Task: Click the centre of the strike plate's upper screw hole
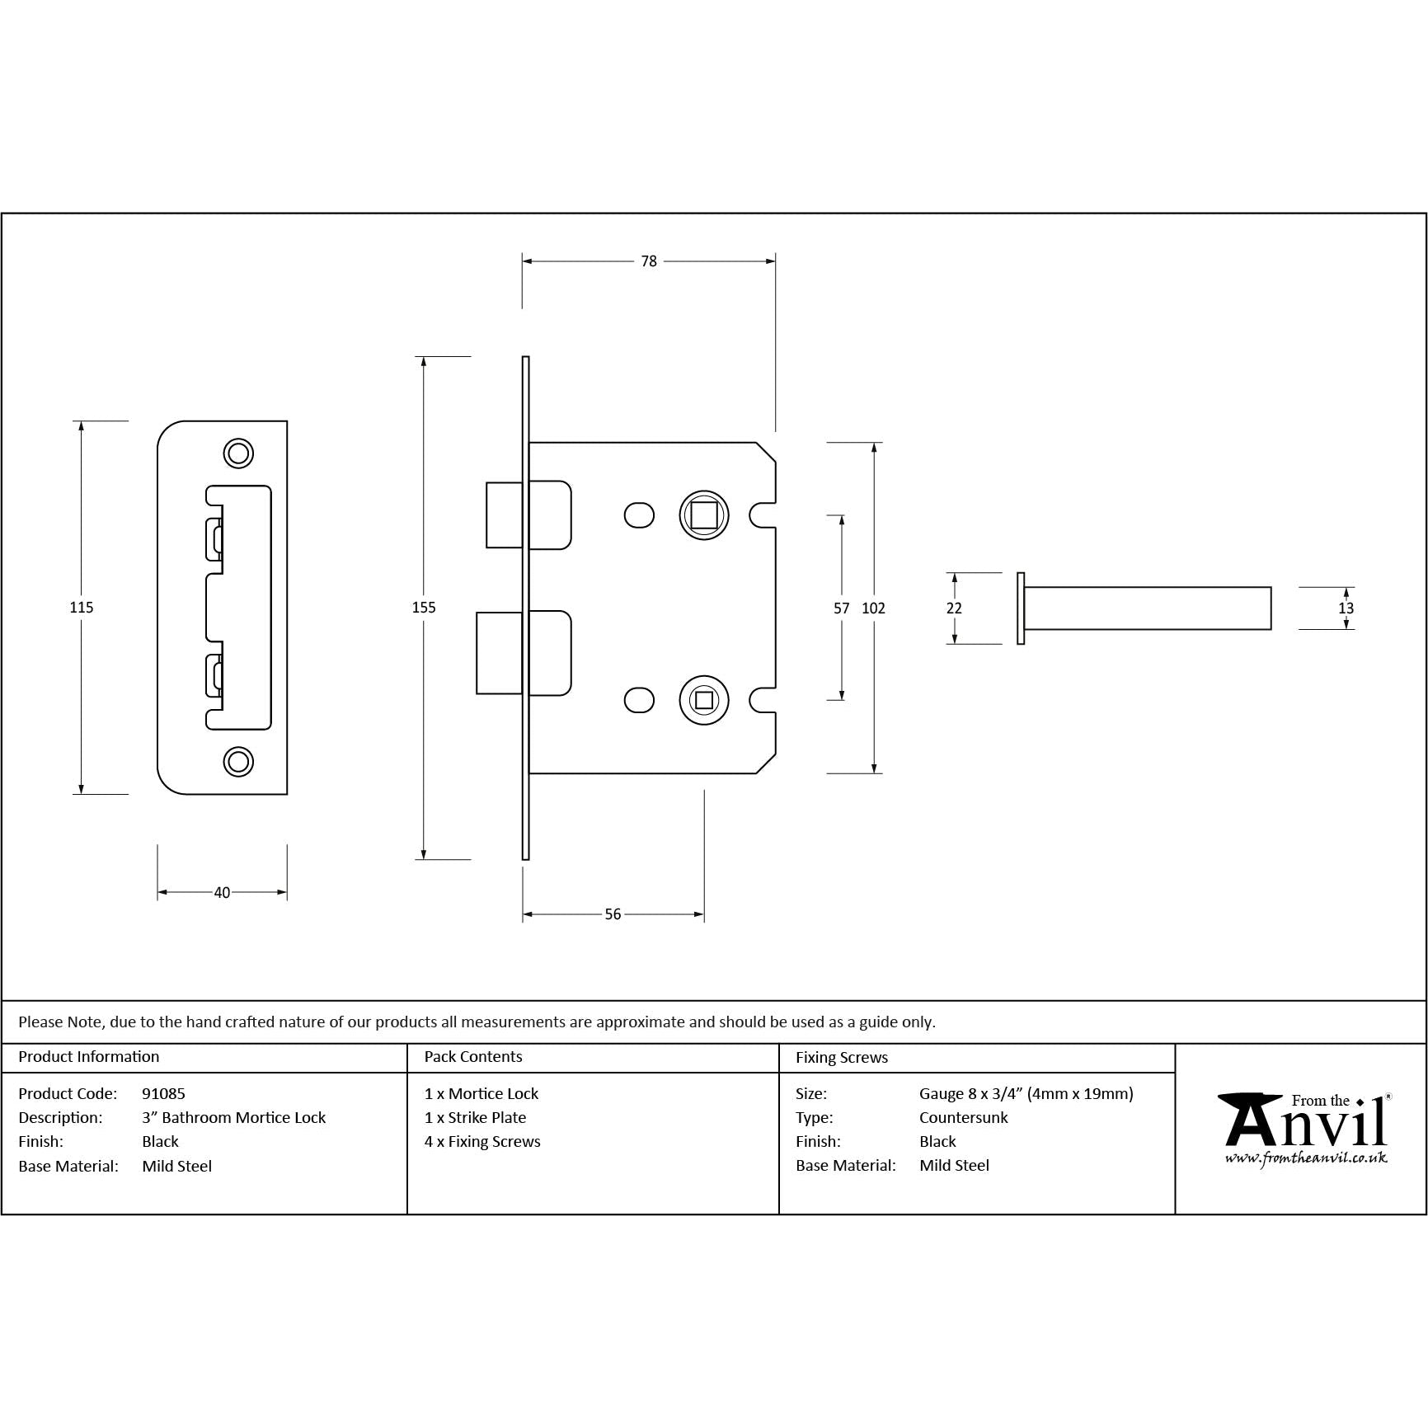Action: (238, 453)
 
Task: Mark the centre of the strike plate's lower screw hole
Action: (238, 762)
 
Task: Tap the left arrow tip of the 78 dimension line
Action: (523, 261)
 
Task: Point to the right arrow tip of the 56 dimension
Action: (704, 914)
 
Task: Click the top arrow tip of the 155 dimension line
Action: (423, 357)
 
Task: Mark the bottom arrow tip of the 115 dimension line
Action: (81, 794)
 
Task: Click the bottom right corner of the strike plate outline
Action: (287, 794)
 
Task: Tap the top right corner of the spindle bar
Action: (1271, 587)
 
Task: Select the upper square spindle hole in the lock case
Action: (703, 516)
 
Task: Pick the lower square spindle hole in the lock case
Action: (703, 701)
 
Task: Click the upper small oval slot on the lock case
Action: (639, 516)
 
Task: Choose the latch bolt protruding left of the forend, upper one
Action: (504, 515)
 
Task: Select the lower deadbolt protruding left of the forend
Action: (500, 653)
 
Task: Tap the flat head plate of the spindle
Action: (1021, 608)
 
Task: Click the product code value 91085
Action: (163, 1094)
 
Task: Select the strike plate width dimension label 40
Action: (222, 893)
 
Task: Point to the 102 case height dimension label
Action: (873, 608)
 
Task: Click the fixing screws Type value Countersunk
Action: (964, 1118)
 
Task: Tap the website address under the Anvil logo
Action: (1306, 1158)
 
